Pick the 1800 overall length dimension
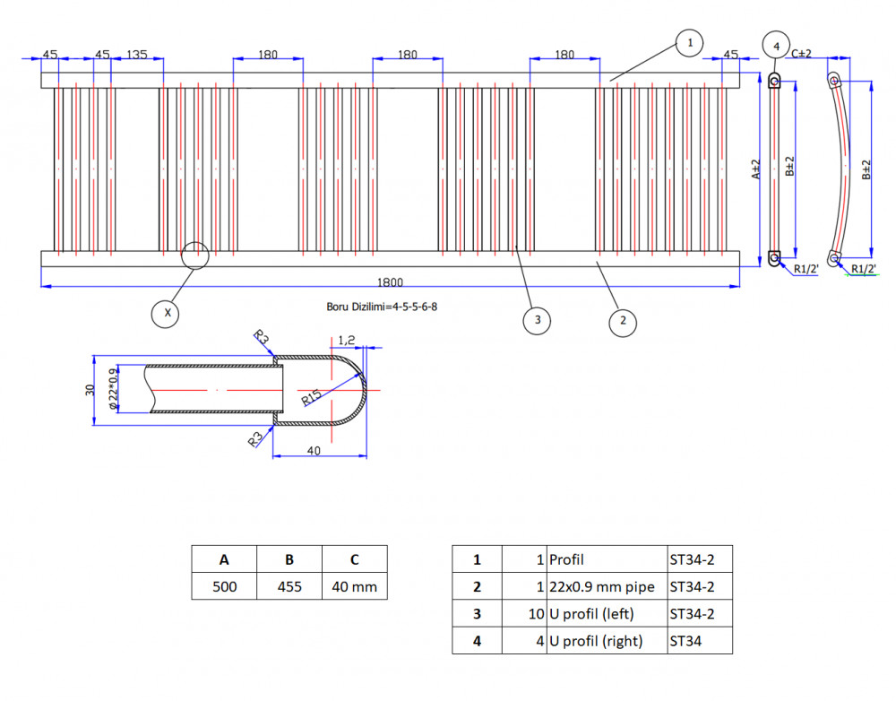[390, 281]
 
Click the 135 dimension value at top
[136, 55]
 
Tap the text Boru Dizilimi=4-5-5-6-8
[382, 307]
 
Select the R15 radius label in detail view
[312, 397]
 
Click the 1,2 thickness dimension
[346, 341]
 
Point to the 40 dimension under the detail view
[314, 451]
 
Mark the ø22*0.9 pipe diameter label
[115, 389]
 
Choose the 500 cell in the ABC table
[225, 586]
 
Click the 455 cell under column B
[289, 586]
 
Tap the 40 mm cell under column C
[355, 586]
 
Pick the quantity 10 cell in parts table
[524, 613]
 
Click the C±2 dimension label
[801, 54]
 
